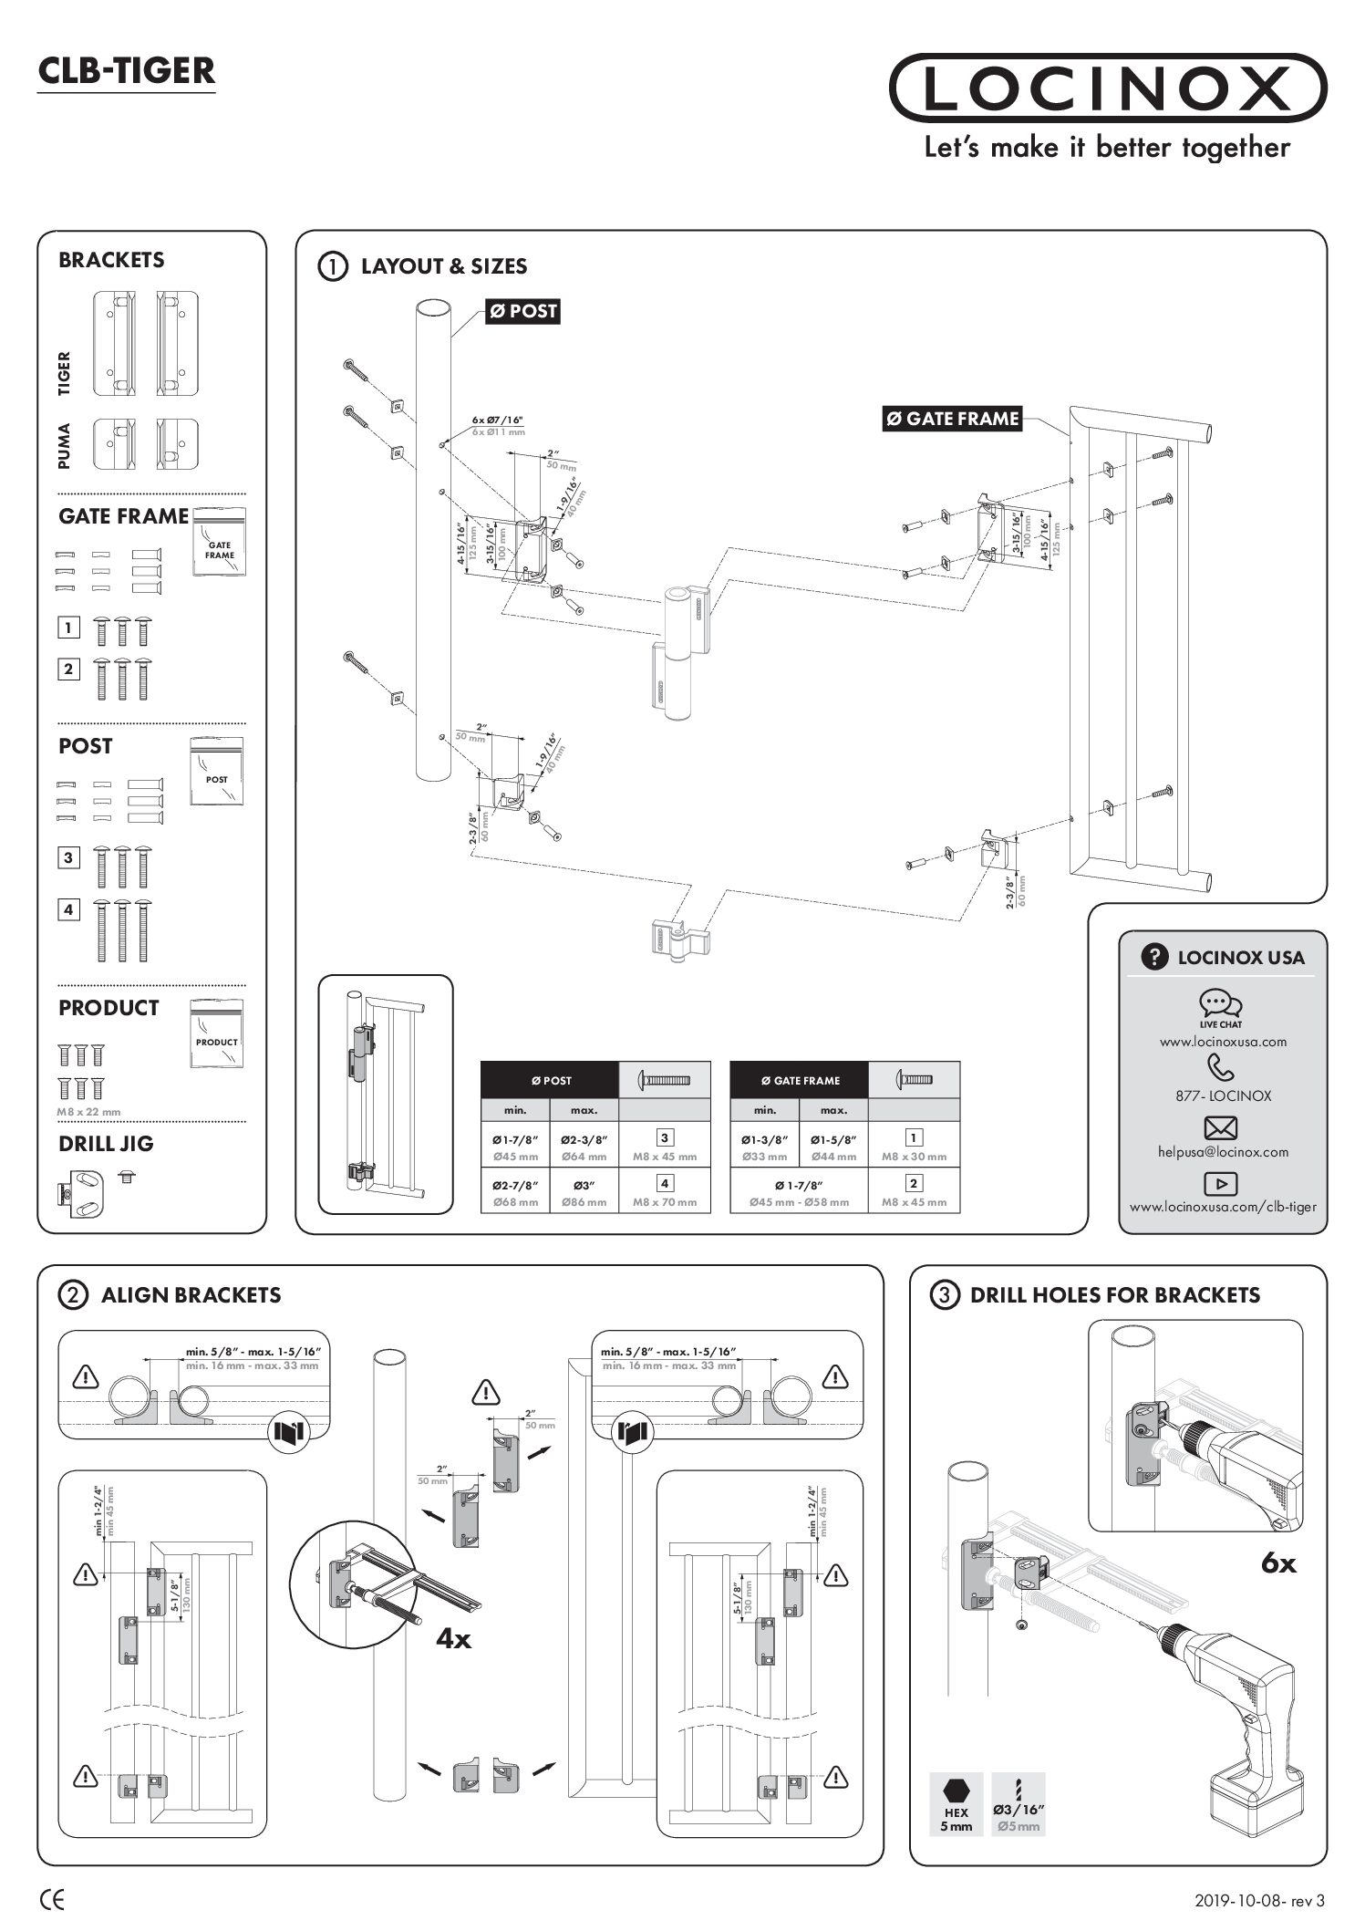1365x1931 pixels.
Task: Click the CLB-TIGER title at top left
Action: [127, 71]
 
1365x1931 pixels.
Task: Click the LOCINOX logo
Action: [1107, 88]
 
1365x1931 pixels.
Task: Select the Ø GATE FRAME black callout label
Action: [952, 419]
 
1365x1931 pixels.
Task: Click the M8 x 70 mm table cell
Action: [665, 1191]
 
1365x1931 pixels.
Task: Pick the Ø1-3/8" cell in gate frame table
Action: [764, 1146]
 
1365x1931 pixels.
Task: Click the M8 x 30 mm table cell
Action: [914, 1146]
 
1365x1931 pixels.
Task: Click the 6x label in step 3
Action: [1278, 1563]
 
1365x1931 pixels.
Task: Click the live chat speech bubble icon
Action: [1220, 1003]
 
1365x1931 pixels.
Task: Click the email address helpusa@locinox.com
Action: [1223, 1152]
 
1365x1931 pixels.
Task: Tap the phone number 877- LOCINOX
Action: [1223, 1096]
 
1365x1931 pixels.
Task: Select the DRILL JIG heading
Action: [106, 1144]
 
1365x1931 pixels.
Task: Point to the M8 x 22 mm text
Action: [88, 1112]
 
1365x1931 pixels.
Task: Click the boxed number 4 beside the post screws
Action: [68, 909]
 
